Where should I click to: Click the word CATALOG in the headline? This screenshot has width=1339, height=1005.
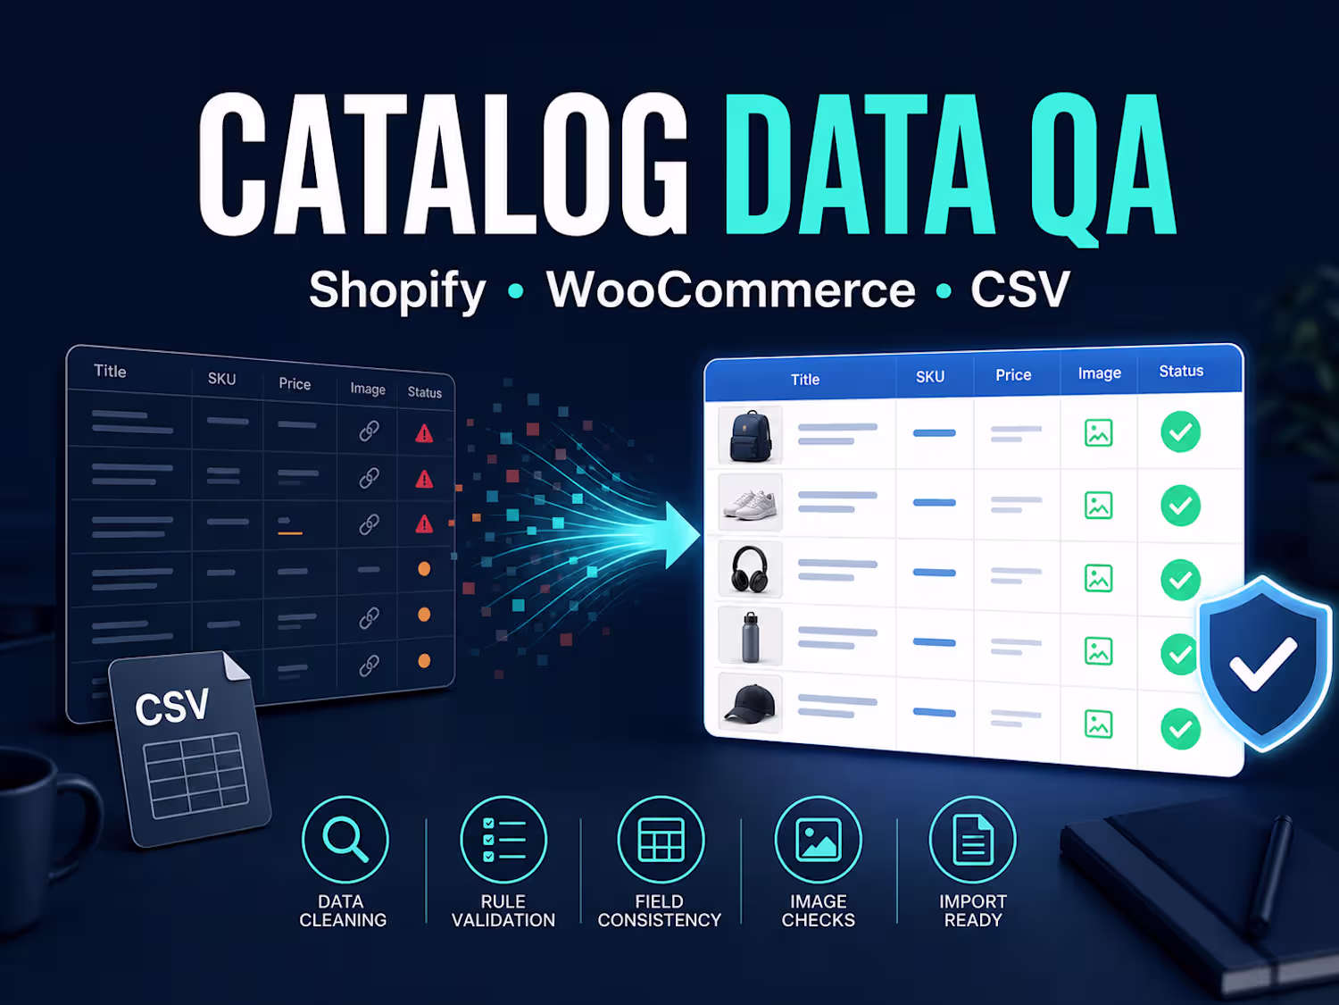(x=444, y=163)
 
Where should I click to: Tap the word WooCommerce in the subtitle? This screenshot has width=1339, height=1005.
(x=731, y=289)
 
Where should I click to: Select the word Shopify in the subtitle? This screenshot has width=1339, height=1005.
(x=397, y=290)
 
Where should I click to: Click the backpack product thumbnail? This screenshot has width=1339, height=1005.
(x=750, y=436)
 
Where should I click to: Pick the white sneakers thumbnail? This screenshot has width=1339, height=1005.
(x=750, y=504)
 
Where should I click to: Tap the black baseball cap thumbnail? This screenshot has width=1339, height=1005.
(x=750, y=703)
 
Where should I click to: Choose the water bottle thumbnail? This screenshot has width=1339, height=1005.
(x=750, y=636)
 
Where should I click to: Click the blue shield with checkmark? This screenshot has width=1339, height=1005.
(x=1265, y=664)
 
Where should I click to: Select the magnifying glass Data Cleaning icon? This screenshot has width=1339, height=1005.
(x=345, y=840)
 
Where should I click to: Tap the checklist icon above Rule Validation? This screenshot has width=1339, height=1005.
(x=503, y=840)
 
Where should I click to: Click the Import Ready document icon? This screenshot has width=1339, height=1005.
(x=972, y=840)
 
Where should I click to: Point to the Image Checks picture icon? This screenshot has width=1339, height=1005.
(x=818, y=840)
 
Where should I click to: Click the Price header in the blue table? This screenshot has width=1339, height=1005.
(x=1013, y=375)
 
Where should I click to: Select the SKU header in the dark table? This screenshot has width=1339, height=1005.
(x=221, y=379)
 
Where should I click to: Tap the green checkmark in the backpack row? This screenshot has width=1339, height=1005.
(x=1180, y=432)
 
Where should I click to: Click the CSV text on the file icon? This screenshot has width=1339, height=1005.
(x=172, y=708)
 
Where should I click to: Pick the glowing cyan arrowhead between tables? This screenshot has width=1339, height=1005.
(x=681, y=535)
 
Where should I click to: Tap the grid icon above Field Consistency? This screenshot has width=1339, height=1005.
(x=661, y=840)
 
